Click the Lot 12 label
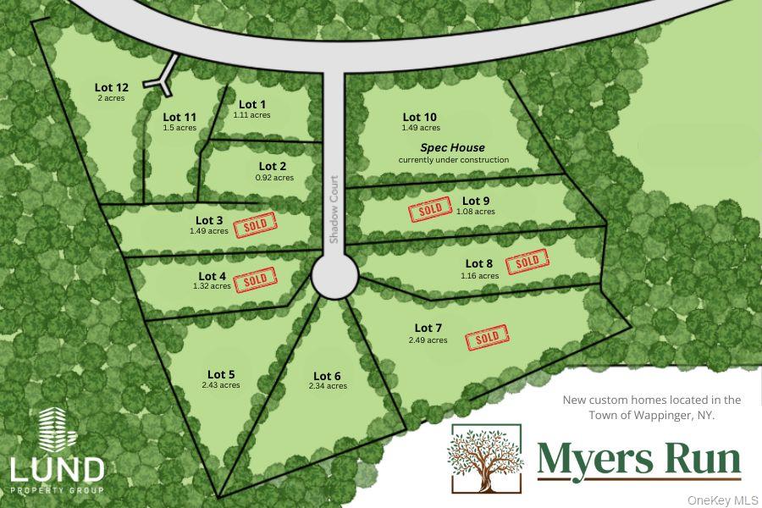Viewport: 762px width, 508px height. (x=111, y=87)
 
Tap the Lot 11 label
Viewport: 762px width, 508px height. (x=179, y=117)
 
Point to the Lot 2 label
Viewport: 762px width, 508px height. (x=273, y=166)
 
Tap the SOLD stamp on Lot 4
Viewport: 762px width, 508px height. (x=255, y=279)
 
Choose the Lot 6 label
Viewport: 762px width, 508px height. (x=327, y=376)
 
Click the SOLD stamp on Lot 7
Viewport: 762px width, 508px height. (x=488, y=337)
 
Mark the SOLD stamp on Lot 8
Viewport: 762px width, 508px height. (x=527, y=262)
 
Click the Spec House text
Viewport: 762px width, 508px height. (x=453, y=147)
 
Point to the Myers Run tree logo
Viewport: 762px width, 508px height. (x=485, y=458)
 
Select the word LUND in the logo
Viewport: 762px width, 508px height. (x=57, y=468)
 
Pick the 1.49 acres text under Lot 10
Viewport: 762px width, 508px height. (x=421, y=128)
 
